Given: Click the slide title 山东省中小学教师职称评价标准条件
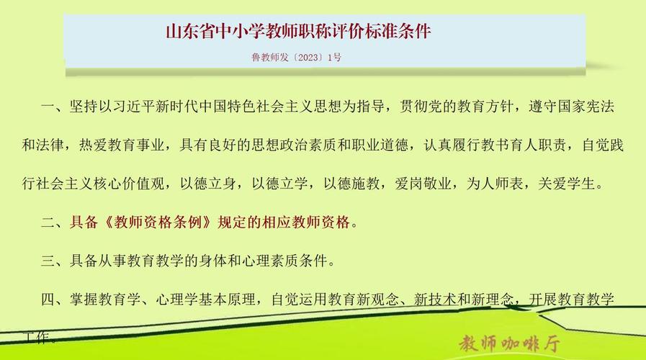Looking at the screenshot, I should (298, 33).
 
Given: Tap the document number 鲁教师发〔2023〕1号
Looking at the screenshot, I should (295, 58).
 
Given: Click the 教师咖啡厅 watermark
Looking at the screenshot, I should (510, 341).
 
